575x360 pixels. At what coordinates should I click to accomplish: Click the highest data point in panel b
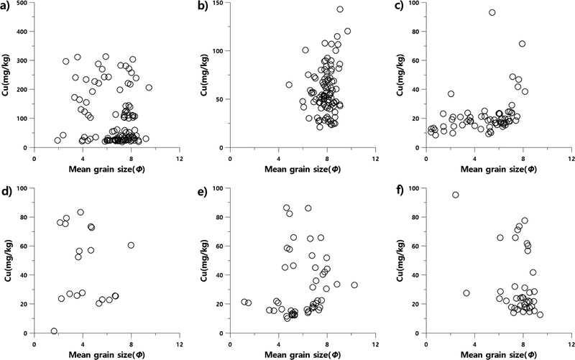[x=340, y=9]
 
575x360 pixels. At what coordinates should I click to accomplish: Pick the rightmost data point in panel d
[x=131, y=245]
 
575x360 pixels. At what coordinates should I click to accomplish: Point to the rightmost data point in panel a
[x=149, y=88]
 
